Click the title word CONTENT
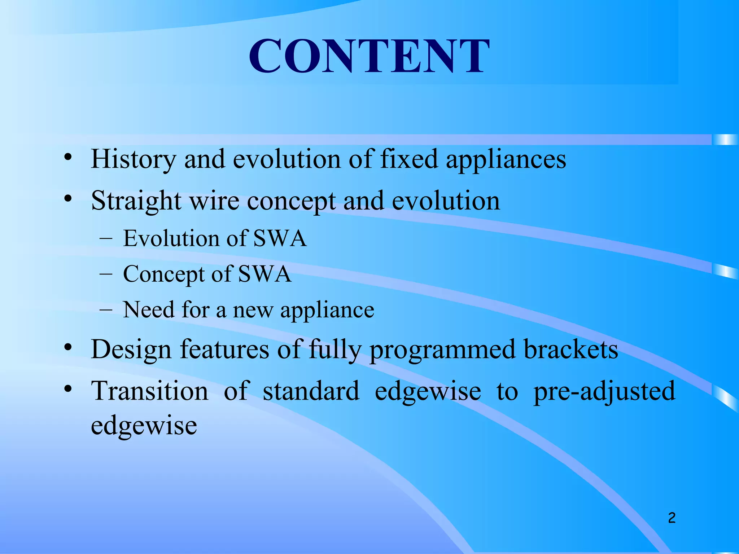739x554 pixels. (x=369, y=57)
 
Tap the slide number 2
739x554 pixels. (x=672, y=518)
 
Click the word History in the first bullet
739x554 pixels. (x=133, y=159)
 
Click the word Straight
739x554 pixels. (x=136, y=201)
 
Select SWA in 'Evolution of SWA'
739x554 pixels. (x=280, y=238)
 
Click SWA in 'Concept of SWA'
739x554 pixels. (x=264, y=274)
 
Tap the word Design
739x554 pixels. (x=131, y=350)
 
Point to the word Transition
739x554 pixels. (x=149, y=391)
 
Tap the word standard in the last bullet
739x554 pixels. (x=311, y=391)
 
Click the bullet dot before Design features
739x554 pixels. (x=67, y=348)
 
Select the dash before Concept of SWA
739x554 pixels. (x=105, y=274)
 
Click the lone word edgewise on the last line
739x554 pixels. (x=144, y=426)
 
